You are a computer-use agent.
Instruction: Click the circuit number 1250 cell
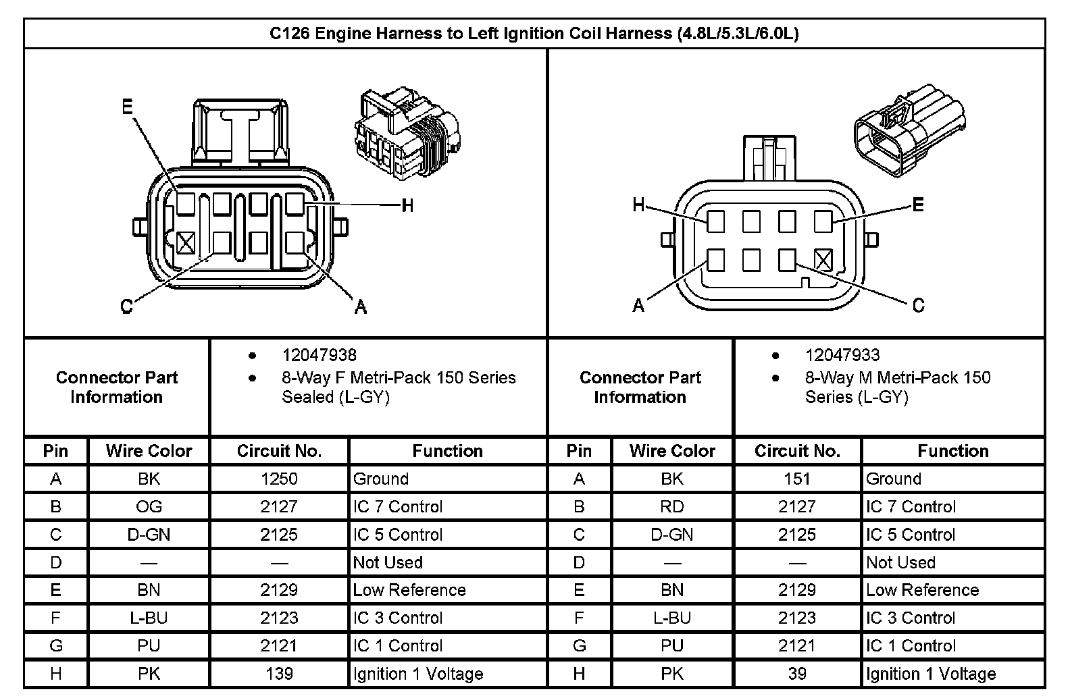tap(279, 479)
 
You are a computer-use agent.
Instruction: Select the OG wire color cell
tap(149, 507)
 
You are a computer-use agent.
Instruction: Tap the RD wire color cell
tap(672, 507)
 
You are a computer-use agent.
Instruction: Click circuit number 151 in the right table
tap(797, 479)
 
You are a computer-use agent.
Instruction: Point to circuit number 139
tap(279, 674)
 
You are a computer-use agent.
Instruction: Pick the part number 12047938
tap(319, 355)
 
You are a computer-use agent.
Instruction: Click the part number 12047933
tap(842, 355)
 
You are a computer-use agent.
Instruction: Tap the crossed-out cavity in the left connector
tap(186, 242)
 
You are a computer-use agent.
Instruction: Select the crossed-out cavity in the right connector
tap(823, 260)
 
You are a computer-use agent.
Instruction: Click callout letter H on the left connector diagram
tap(407, 205)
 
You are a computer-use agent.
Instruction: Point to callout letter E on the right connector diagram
tap(917, 205)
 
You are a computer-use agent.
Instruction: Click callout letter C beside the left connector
tap(126, 307)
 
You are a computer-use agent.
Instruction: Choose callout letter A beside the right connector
tap(638, 306)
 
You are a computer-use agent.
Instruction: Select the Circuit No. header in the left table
tap(279, 451)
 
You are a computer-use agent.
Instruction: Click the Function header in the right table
tap(952, 451)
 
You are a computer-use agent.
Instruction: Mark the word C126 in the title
tap(290, 34)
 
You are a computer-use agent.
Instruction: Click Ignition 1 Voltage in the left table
tap(418, 674)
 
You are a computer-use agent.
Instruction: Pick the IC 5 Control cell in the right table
tap(911, 535)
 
